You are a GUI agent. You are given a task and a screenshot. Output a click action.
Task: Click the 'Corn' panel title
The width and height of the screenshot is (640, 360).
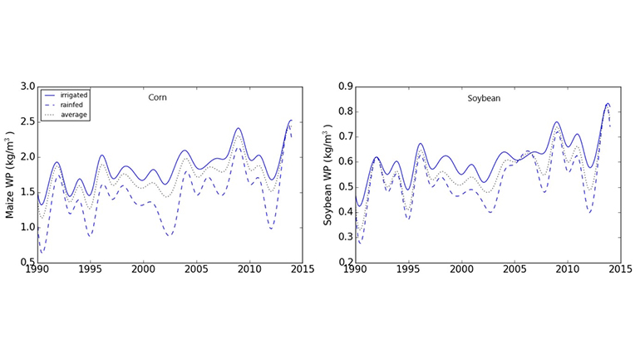coord(156,97)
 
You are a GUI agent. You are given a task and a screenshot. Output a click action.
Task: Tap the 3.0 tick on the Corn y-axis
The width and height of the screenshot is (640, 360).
coord(27,86)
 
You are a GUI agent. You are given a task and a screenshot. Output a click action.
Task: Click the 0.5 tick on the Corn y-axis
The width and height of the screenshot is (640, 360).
coord(27,262)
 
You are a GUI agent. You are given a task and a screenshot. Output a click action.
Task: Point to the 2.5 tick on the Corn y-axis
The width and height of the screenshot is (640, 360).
coord(27,121)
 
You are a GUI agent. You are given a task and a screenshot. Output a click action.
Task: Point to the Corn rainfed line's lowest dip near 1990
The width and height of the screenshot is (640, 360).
coord(42,252)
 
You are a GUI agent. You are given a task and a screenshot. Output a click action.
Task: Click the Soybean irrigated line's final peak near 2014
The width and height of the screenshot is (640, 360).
coord(608,104)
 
